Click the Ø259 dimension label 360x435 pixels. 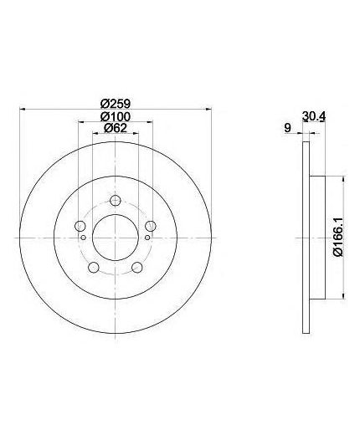pyautogui.click(x=116, y=104)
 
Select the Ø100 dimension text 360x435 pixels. pyautogui.click(x=116, y=116)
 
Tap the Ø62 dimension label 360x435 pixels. pyautogui.click(x=116, y=128)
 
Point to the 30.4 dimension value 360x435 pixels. pyautogui.click(x=314, y=116)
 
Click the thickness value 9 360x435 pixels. pyautogui.click(x=287, y=128)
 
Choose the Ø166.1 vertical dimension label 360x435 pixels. pyautogui.click(x=338, y=238)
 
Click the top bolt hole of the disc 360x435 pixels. pyautogui.click(x=115, y=200)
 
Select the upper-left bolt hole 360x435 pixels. pyautogui.click(x=80, y=225)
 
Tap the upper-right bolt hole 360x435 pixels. pyautogui.click(x=151, y=225)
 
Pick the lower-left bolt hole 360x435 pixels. pyautogui.click(x=94, y=268)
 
